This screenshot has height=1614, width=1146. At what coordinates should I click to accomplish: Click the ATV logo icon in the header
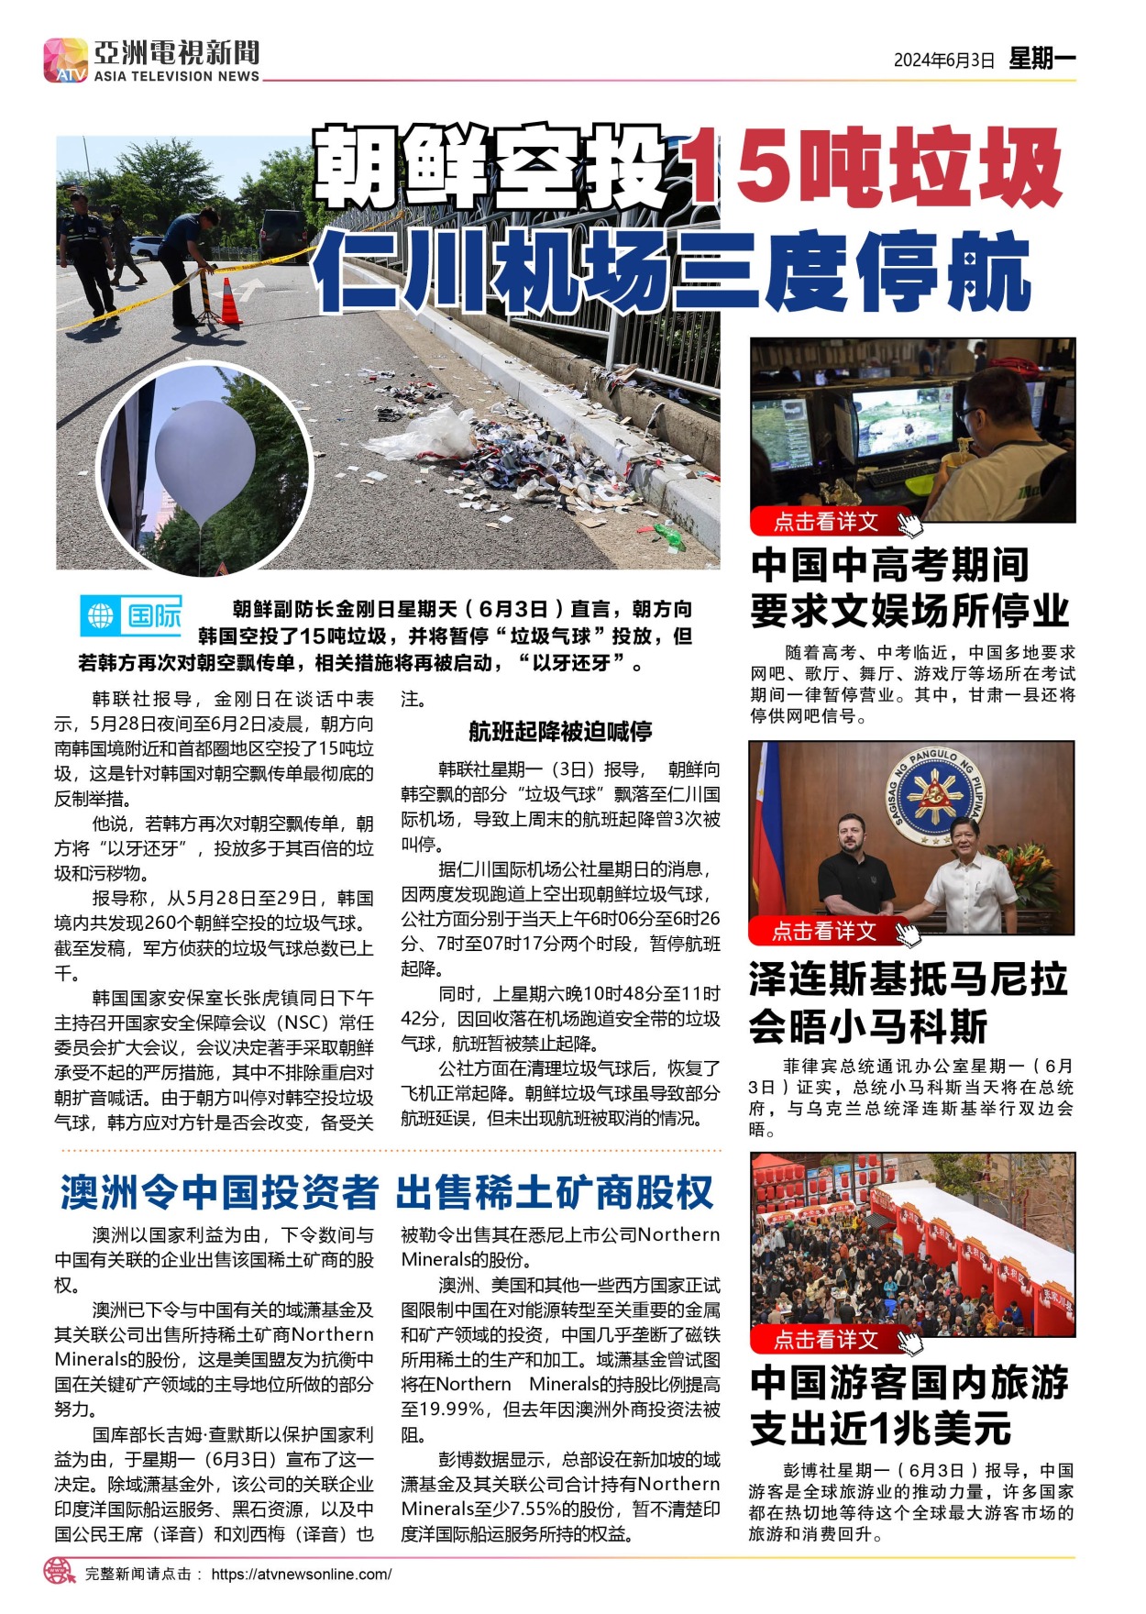66,61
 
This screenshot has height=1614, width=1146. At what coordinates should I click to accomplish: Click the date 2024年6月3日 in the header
943,61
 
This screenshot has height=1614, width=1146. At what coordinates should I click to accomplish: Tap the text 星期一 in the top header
1041,59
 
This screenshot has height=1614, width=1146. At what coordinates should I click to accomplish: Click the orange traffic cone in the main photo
229,302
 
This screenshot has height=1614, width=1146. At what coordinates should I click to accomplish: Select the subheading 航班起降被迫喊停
560,731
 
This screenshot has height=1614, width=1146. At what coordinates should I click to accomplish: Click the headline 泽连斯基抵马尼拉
909,978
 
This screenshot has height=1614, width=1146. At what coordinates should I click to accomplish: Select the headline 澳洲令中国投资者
219,1192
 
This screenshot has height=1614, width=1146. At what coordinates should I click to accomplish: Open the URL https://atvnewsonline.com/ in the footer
301,1574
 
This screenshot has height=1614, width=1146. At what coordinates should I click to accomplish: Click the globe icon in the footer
60,1571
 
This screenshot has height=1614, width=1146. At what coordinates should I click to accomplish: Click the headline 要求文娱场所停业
909,611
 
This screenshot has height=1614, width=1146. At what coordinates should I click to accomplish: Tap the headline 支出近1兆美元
880,1428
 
